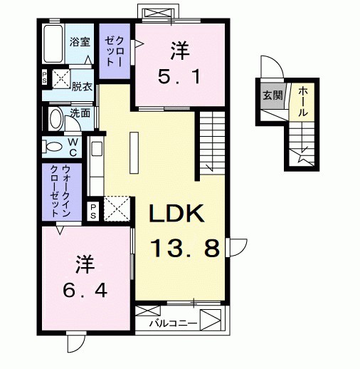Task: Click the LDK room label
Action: point(177,214)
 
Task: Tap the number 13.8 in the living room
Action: point(184,249)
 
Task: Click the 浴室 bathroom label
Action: point(79,41)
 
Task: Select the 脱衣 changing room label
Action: point(81,86)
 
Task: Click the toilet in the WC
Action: point(53,147)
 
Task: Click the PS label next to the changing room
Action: point(44,76)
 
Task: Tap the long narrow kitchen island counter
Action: point(133,154)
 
